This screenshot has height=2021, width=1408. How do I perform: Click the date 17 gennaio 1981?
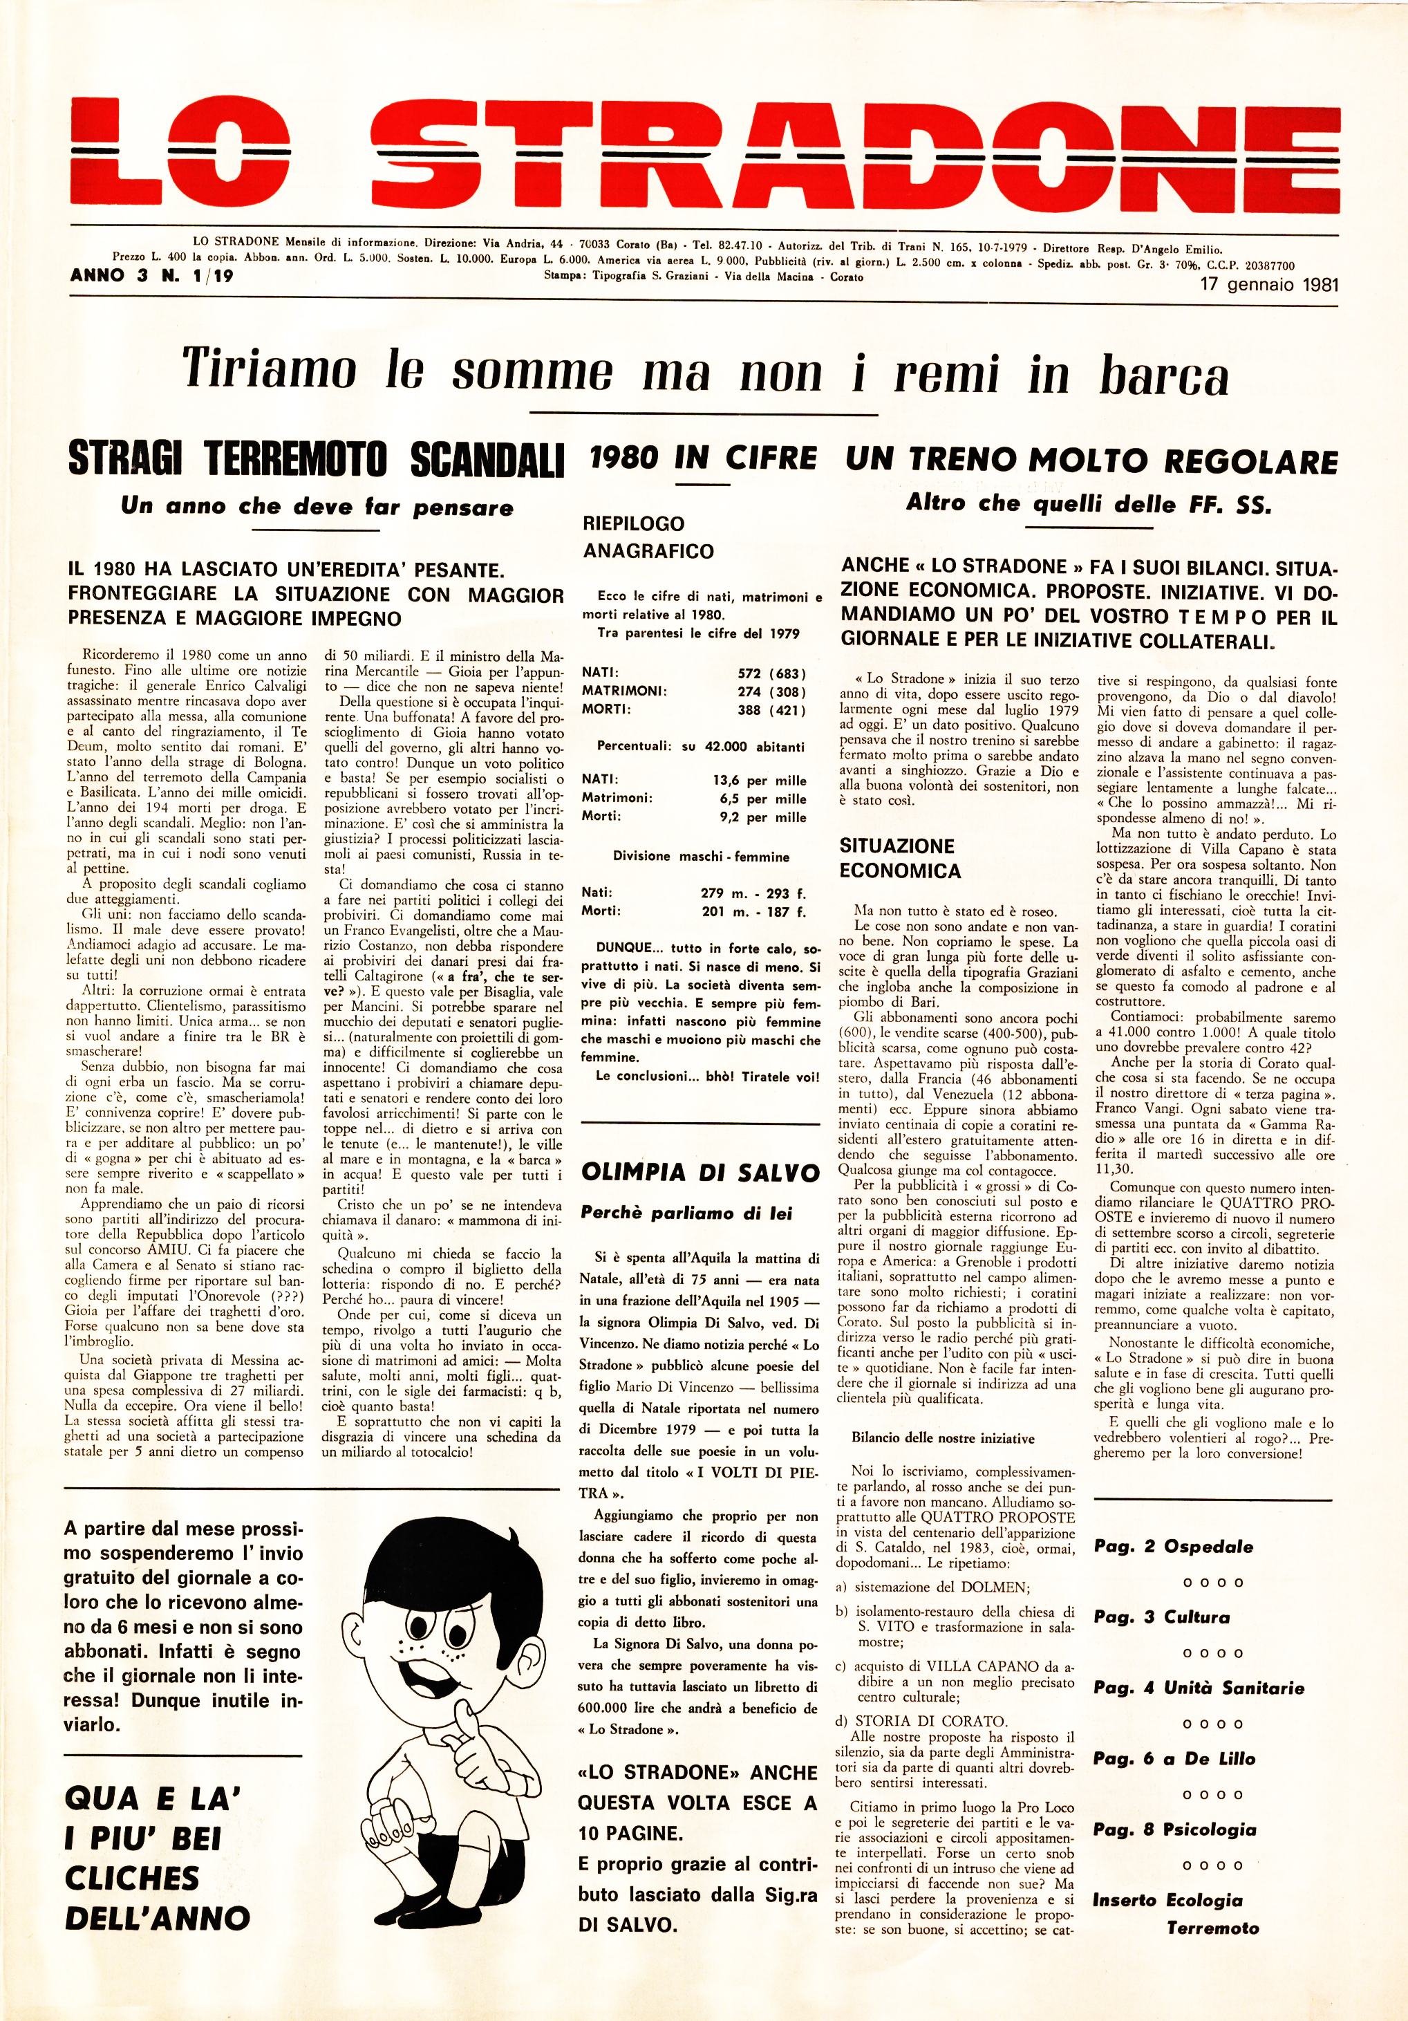(1269, 284)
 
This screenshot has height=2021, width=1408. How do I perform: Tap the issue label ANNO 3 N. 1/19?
(151, 275)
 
